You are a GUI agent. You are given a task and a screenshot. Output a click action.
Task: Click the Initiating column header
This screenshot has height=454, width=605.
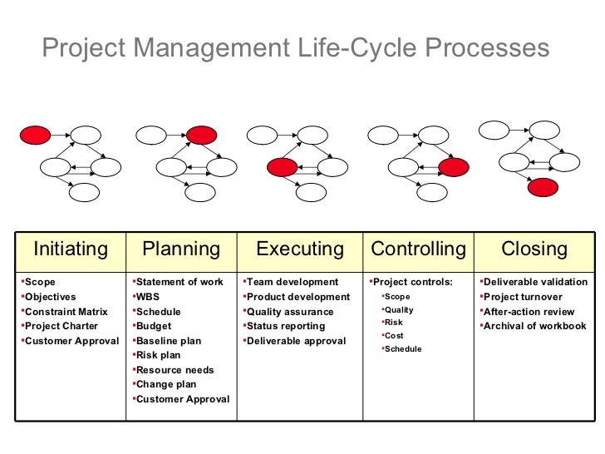pos(71,249)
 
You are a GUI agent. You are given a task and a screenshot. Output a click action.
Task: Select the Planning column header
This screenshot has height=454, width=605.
pos(181,249)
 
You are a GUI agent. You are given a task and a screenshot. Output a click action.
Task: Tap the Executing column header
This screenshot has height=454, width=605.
pos(299,249)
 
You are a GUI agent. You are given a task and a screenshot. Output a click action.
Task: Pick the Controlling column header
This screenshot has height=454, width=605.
pos(418,249)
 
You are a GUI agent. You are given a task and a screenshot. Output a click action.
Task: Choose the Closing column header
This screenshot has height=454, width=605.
pos(534,249)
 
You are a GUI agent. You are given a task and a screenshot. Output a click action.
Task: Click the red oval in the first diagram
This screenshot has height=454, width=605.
pos(35,133)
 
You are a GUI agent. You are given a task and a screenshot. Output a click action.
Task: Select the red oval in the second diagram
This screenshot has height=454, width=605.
pos(201,134)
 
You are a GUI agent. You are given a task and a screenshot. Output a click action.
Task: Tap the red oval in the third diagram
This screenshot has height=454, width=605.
pos(282,167)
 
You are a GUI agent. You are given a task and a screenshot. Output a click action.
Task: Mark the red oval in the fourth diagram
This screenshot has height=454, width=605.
pos(455,167)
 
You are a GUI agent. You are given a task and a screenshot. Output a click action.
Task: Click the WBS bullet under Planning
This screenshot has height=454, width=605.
pos(148,297)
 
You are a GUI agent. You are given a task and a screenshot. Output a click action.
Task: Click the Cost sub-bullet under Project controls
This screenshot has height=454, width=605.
pos(394,336)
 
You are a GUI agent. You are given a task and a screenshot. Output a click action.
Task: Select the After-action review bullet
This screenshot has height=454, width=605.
pos(529,312)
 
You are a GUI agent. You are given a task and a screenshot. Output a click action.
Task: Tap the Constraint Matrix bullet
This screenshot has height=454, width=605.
pos(66,312)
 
